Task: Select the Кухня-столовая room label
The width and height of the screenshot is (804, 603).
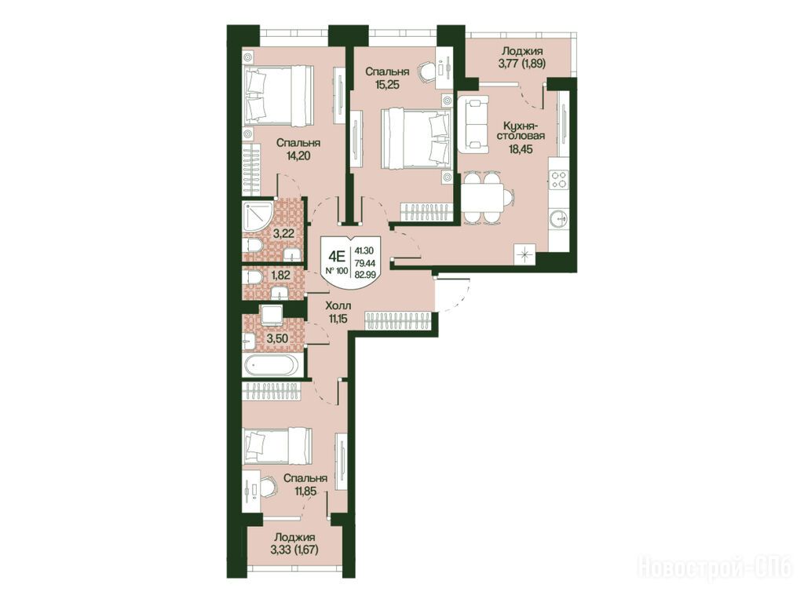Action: coord(523,131)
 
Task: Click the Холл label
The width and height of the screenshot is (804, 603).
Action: coord(339,307)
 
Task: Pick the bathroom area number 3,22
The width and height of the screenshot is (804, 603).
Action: coord(283,234)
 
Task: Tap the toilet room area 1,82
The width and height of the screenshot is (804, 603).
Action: coord(280,276)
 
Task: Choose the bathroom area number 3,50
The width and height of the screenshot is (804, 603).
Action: coord(277,338)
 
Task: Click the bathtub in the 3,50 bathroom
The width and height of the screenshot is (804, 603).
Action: coord(270,366)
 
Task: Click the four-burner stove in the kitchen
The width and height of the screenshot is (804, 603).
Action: coord(558,180)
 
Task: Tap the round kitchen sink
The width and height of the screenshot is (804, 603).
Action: coord(558,219)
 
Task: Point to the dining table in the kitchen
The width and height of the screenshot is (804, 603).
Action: coord(482,199)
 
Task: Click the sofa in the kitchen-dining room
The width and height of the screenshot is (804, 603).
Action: coord(473,125)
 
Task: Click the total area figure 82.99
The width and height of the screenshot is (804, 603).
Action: coord(364,274)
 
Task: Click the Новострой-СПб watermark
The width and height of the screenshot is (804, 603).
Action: coord(715,568)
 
